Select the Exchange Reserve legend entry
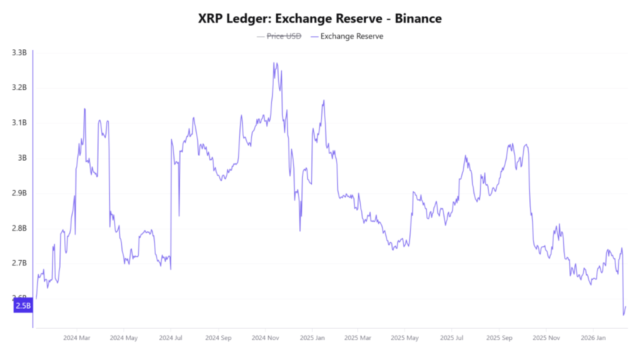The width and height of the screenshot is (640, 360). (x=351, y=36)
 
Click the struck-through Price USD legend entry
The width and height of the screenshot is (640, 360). (x=284, y=36)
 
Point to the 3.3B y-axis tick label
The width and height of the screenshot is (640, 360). (x=19, y=52)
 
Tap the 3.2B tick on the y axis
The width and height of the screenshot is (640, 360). (x=19, y=87)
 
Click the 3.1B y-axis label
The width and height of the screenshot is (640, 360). (x=19, y=122)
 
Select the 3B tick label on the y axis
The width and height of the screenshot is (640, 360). (x=22, y=157)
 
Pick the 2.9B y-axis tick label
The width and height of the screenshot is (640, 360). (x=19, y=193)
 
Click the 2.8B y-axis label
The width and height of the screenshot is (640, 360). (x=19, y=228)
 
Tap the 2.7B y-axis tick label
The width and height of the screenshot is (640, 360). (x=19, y=263)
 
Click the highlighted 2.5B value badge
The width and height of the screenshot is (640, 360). (x=22, y=305)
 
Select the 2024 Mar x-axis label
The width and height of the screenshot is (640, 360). (x=77, y=337)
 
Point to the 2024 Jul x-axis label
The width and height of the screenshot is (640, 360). (x=170, y=337)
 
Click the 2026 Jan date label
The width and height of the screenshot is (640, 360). (x=592, y=337)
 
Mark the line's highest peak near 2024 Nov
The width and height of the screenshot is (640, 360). (x=274, y=62)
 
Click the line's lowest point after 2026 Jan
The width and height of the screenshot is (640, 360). (x=623, y=315)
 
